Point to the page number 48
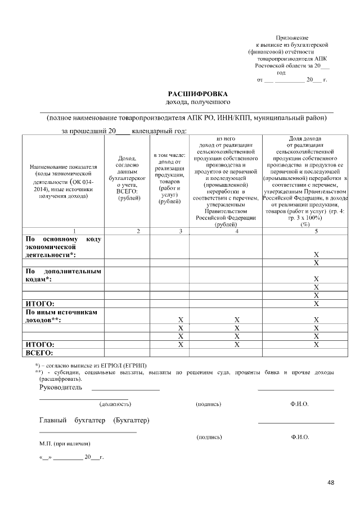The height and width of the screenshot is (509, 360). (x=330, y=483)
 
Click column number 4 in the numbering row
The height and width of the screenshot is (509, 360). (x=226, y=231)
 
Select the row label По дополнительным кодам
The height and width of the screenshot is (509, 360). (x=63, y=275)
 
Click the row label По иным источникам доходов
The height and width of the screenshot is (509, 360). (x=63, y=316)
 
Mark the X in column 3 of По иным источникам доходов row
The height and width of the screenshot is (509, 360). (x=181, y=319)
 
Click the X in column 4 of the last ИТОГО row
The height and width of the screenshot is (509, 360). (x=237, y=344)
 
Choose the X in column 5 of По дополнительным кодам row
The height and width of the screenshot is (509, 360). (x=316, y=279)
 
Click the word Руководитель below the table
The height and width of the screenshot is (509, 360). (x=60, y=388)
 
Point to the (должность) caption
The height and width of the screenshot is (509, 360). (x=115, y=404)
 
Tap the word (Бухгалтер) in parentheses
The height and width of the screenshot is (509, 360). (x=131, y=421)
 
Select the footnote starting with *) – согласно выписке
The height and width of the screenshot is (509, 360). (x=91, y=366)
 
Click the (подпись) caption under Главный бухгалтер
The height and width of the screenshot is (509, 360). (x=209, y=437)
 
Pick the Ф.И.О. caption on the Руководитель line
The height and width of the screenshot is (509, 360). (x=299, y=404)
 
